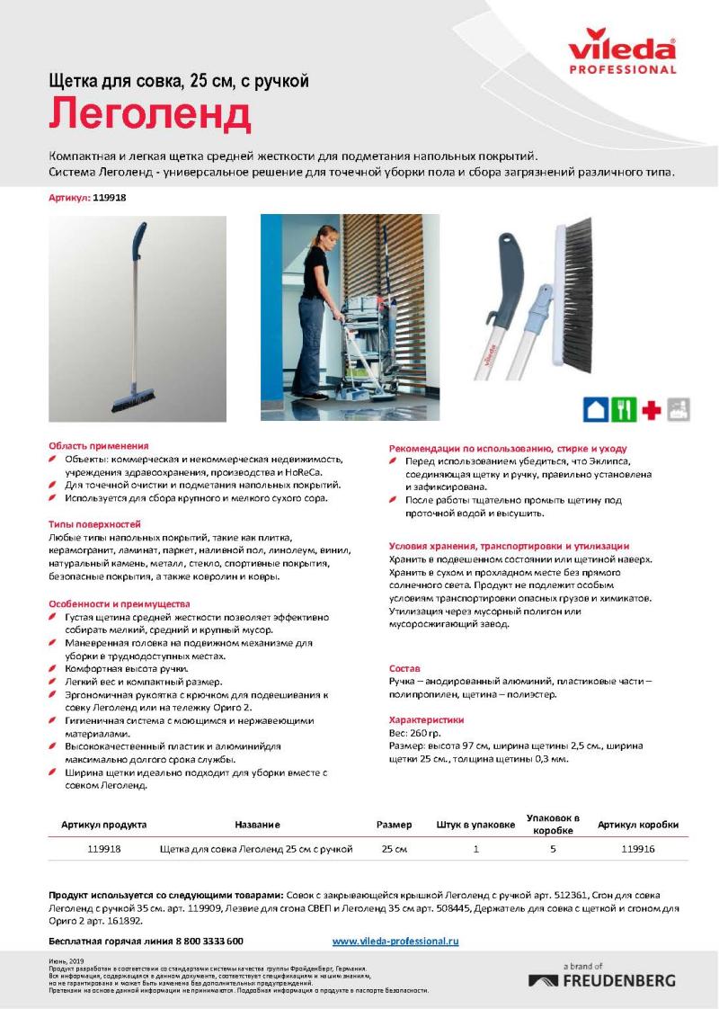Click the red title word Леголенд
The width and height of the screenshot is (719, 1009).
[x=149, y=116]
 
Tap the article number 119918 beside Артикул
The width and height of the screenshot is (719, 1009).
[x=110, y=198]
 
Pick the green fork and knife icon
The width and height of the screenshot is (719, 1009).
[x=623, y=409]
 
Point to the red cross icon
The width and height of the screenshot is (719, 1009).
[x=651, y=410]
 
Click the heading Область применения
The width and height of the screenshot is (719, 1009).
[x=98, y=445]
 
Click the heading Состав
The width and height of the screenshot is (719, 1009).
[x=404, y=668]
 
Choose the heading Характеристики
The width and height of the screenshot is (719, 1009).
[x=426, y=720]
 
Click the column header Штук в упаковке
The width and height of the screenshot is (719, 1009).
[x=475, y=825]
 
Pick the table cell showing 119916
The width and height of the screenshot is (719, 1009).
[x=637, y=848]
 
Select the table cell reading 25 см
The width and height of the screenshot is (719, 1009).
[x=394, y=848]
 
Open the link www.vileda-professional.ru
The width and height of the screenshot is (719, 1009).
[x=395, y=941]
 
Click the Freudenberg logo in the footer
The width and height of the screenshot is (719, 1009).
[x=602, y=979]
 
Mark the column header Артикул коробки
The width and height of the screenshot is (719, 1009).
[x=637, y=825]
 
